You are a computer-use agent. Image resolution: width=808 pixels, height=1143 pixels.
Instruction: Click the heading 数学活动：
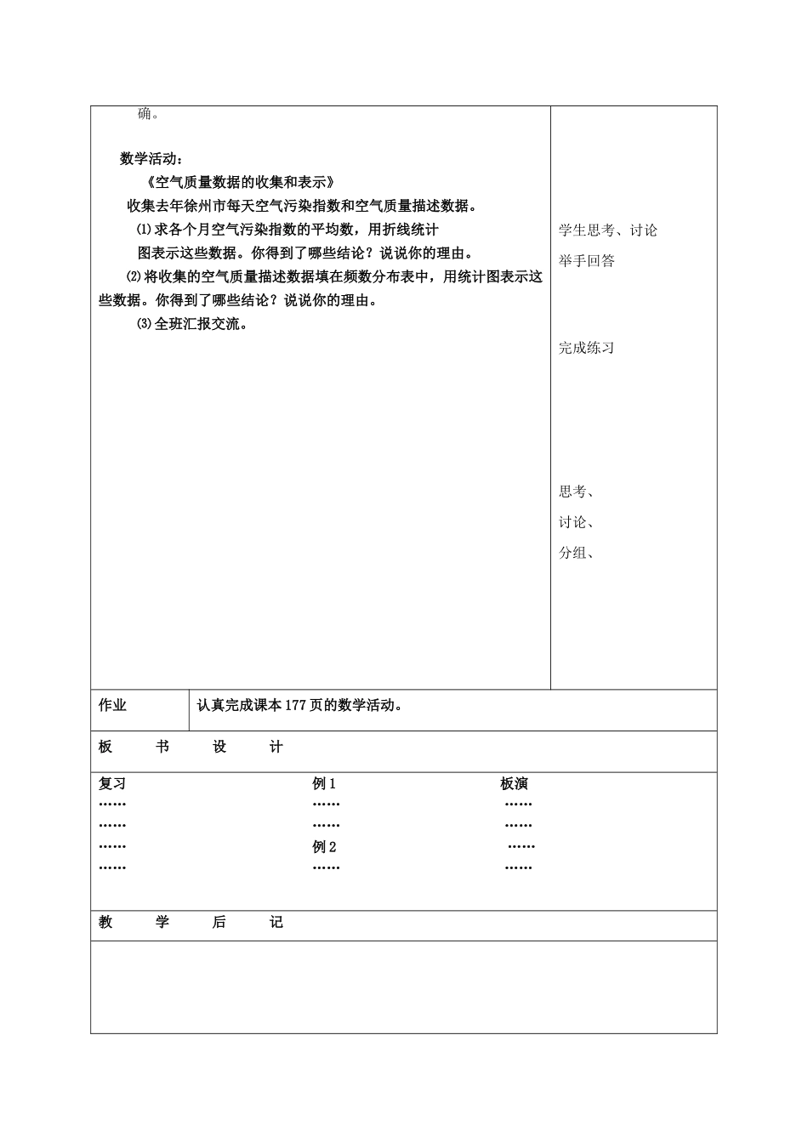151,158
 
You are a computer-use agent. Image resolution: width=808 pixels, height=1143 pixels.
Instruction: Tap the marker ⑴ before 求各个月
144,230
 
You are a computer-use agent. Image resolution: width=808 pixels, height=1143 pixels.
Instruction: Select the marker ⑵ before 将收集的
133,276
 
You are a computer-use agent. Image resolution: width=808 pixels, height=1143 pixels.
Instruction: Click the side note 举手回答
586,261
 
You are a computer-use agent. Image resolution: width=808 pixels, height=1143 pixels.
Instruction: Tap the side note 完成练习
586,348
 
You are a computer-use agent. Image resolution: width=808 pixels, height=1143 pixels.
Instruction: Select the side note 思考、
576,492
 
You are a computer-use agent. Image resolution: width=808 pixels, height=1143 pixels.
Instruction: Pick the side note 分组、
576,553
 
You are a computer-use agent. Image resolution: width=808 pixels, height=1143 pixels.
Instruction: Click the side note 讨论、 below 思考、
576,522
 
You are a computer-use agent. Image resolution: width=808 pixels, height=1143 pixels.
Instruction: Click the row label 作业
112,705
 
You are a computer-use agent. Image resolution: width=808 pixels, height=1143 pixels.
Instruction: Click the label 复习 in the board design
112,784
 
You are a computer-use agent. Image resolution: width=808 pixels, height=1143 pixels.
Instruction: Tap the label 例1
324,784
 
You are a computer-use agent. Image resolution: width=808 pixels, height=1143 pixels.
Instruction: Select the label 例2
324,847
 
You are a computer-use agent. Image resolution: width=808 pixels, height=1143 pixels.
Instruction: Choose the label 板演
514,784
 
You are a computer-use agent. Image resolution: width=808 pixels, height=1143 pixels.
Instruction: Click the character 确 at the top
145,114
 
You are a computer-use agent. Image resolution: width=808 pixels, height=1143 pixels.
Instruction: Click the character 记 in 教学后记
276,923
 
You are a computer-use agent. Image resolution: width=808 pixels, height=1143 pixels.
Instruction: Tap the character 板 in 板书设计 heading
105,747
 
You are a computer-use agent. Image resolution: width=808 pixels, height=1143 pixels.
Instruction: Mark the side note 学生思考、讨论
607,230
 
